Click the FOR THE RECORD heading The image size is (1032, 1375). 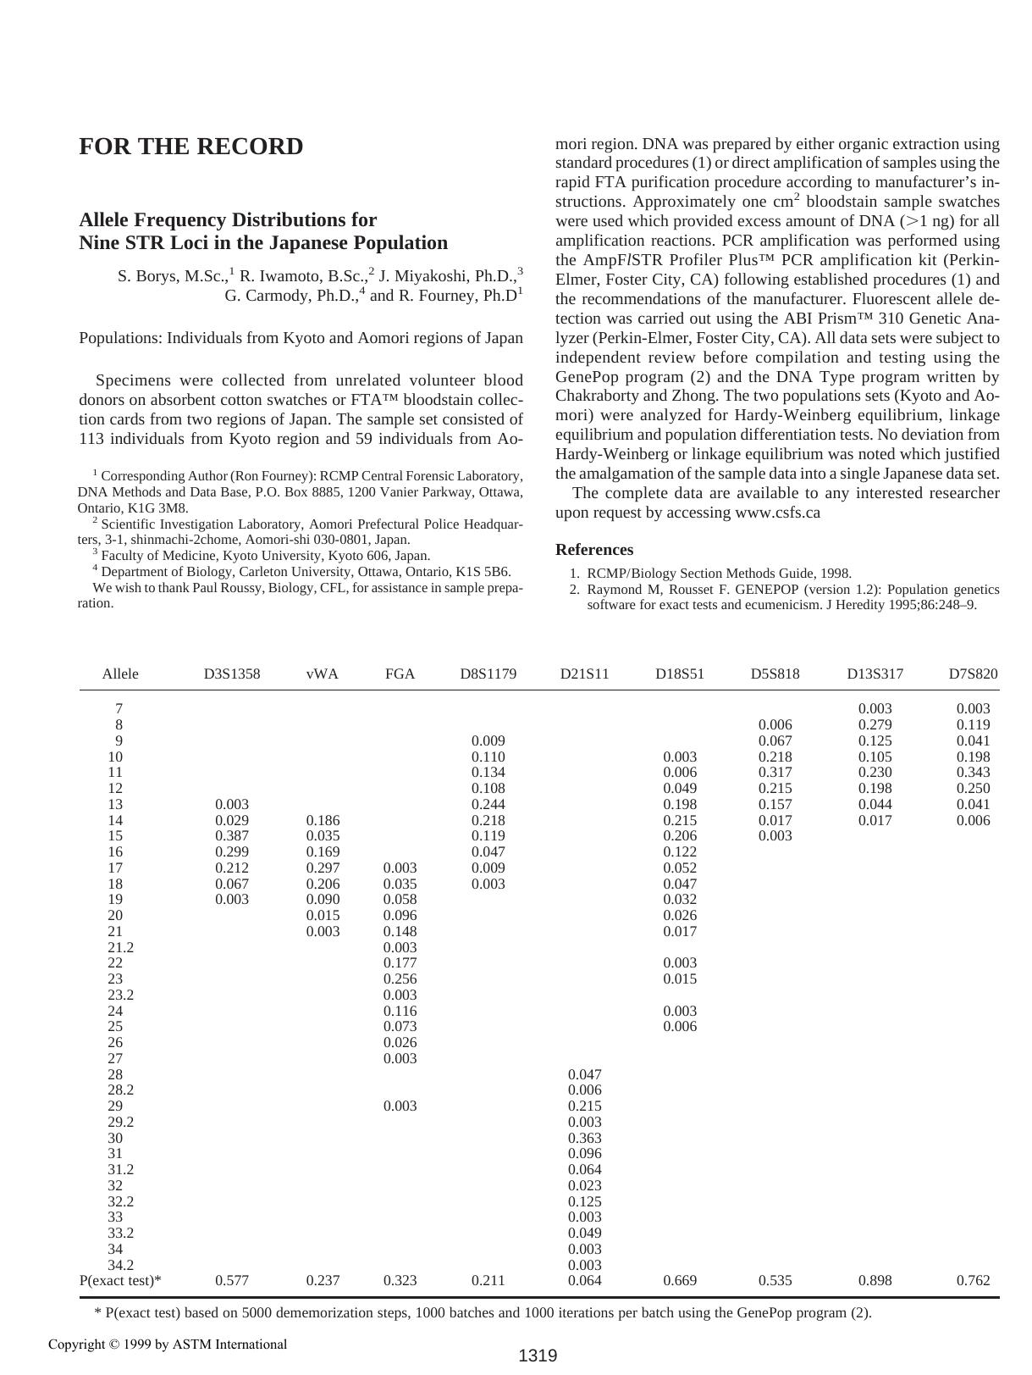pyautogui.click(x=190, y=147)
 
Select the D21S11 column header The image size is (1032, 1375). pyautogui.click(x=584, y=674)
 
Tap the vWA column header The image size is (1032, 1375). pyautogui.click(x=322, y=674)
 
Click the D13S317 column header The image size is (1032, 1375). pyautogui.click(x=875, y=674)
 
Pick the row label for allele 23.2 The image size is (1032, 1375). pyautogui.click(x=120, y=995)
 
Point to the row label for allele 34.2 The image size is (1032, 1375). pyautogui.click(x=120, y=1265)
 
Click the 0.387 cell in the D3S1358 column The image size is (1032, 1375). pyautogui.click(x=232, y=835)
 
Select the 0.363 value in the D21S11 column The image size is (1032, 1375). pyautogui.click(x=584, y=1138)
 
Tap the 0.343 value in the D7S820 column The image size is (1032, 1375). pyautogui.click(x=973, y=772)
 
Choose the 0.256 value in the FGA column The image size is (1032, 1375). pyautogui.click(x=400, y=979)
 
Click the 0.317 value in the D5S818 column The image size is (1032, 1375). pyautogui.click(x=775, y=772)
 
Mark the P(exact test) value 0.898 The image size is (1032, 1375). pyautogui.click(x=875, y=1280)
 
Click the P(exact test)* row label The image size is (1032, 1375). pyautogui.click(x=120, y=1280)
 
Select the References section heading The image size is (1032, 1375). pyautogui.click(x=593, y=550)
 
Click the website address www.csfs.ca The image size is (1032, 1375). pyautogui.click(x=777, y=513)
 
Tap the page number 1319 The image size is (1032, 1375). pyautogui.click(x=538, y=1356)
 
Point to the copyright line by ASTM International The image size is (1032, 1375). pyautogui.click(x=168, y=1344)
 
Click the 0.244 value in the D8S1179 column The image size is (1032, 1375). pyautogui.click(x=488, y=804)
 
